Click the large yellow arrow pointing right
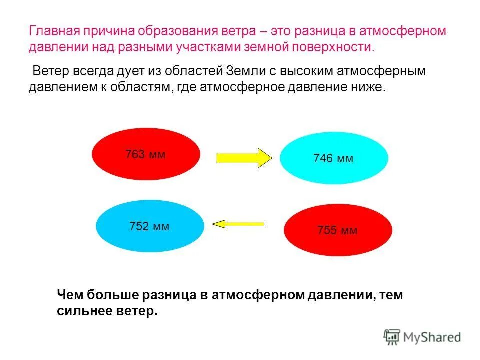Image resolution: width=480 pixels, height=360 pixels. point(243,158)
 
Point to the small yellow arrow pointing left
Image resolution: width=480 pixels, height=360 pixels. point(238,224)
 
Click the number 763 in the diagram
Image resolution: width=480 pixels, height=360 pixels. point(135,154)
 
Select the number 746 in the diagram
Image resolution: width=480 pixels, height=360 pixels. point(323,159)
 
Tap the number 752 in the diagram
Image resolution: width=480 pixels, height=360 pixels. point(139,226)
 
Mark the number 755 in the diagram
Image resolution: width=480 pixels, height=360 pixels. point(327,231)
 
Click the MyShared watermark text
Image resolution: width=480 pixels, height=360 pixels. point(433,337)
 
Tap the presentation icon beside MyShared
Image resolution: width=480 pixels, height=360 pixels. point(392,337)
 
